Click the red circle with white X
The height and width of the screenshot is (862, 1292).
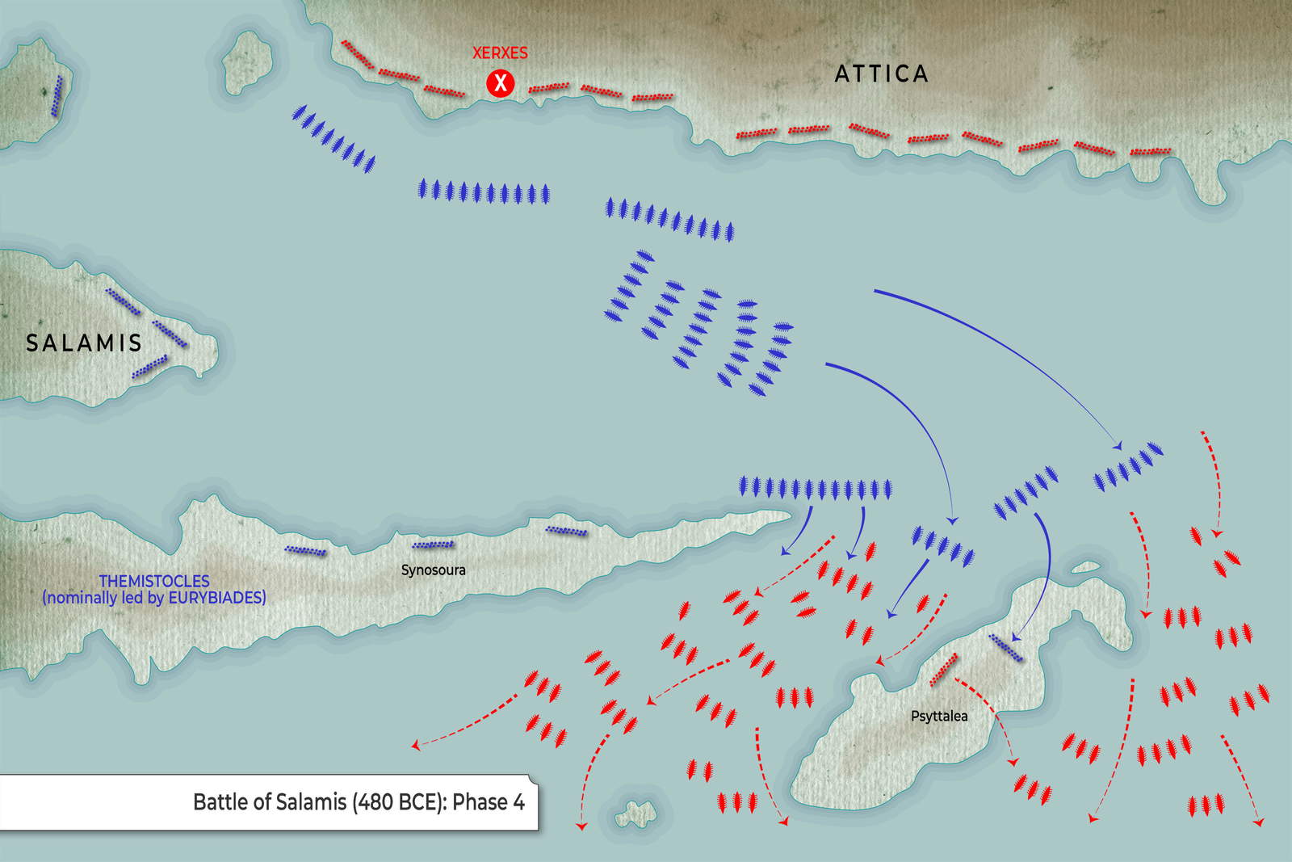coord(501,82)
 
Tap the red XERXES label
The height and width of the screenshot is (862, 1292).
coord(500,53)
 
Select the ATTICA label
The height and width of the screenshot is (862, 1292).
coord(881,74)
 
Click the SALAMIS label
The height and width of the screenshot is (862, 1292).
coord(84,343)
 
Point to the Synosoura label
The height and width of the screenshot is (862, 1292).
coord(434,570)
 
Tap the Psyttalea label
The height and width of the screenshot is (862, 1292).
coord(939,716)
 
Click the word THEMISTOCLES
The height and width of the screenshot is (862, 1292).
coord(154,581)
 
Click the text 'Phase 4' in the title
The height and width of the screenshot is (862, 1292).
coord(489,802)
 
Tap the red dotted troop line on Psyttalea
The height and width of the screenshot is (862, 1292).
coord(943,670)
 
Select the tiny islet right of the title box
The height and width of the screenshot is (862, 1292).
coord(635,814)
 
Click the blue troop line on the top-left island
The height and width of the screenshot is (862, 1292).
coord(57,97)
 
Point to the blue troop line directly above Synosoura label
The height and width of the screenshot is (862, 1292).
coord(433,545)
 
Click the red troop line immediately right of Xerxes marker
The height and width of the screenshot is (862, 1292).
coord(549,87)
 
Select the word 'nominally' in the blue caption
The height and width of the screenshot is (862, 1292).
coord(82,598)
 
